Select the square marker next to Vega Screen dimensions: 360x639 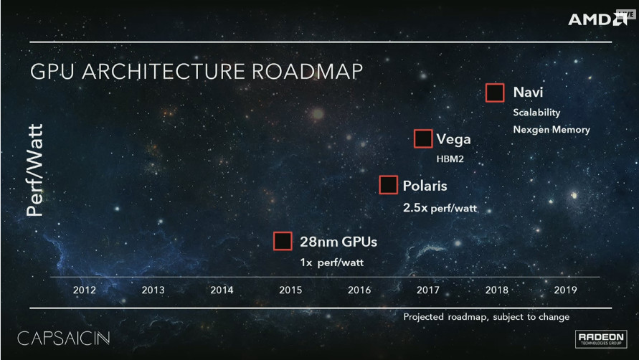[423, 139]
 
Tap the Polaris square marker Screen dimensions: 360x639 [389, 185]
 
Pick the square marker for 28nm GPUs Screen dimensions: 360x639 [283, 241]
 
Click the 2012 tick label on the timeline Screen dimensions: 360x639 [85, 290]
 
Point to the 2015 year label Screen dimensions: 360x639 [290, 290]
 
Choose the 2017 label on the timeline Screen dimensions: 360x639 [427, 290]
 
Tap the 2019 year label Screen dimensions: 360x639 [566, 290]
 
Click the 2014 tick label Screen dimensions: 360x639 [222, 290]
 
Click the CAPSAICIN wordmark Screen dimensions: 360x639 [64, 337]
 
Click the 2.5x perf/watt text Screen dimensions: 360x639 [440, 209]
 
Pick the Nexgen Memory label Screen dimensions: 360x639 [552, 130]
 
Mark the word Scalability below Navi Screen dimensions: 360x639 [536, 113]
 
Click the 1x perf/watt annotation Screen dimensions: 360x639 [331, 262]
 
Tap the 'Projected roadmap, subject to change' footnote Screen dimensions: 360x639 [486, 316]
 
